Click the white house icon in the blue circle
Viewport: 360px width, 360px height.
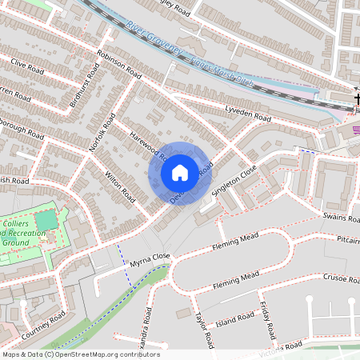pyautogui.click(x=180, y=172)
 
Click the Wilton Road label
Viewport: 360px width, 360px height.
pyautogui.click(x=120, y=186)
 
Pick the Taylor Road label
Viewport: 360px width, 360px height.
pyautogui.click(x=205, y=330)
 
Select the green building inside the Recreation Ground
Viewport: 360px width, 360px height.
pyautogui.click(x=46, y=219)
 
